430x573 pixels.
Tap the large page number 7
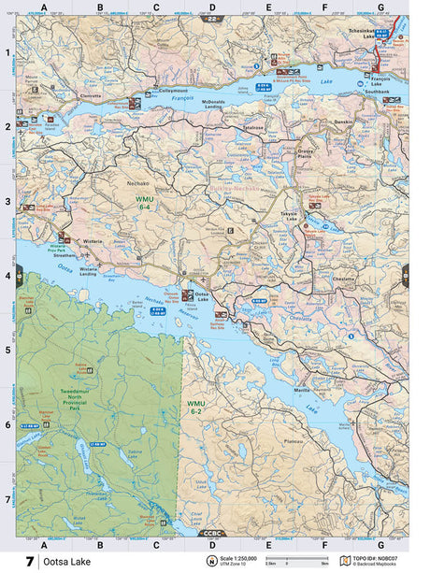31,561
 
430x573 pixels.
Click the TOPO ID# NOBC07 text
380,558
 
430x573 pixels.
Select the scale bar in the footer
296,559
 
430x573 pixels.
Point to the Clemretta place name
90,96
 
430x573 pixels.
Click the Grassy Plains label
304,151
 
